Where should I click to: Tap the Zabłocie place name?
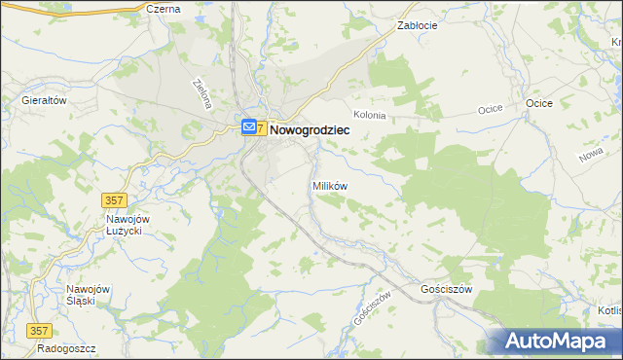coord(418,26)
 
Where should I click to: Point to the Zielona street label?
coord(203,93)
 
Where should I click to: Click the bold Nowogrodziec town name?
coord(309,127)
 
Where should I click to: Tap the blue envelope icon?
coord(250,126)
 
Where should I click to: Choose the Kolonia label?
coord(370,115)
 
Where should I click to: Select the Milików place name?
coord(329,185)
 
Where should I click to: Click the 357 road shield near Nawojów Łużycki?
coord(114,199)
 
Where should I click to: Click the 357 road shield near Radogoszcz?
coord(40,330)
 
